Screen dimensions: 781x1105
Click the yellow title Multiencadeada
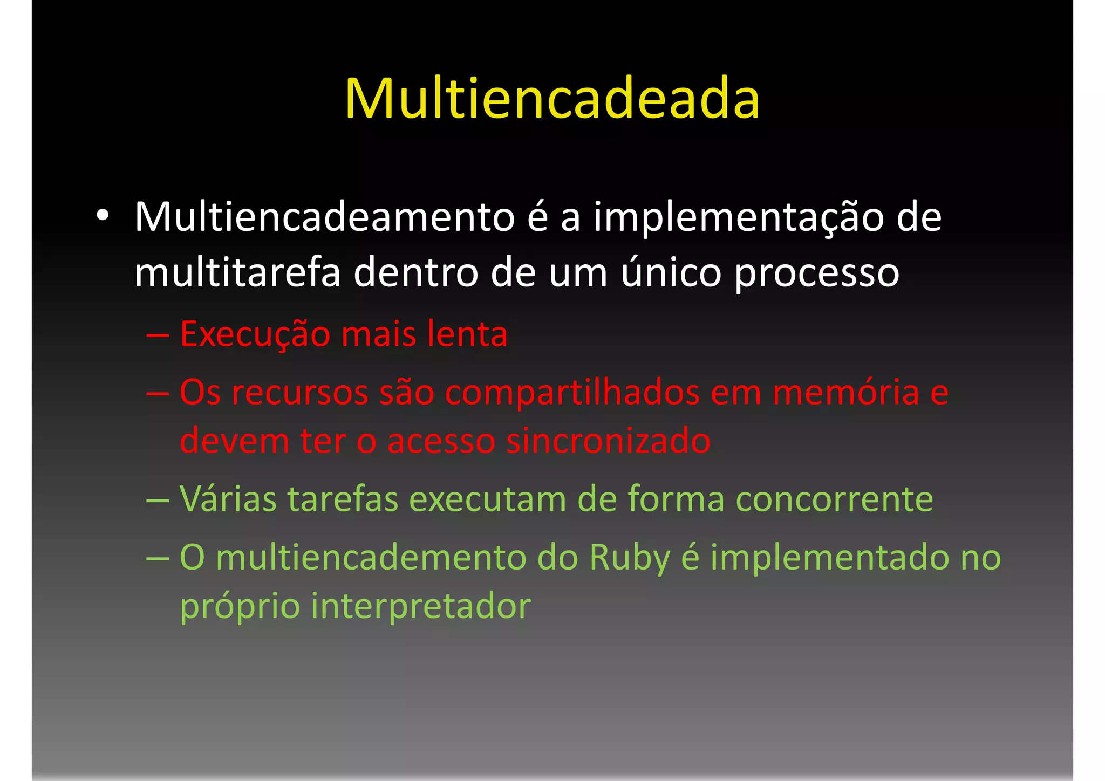tap(552, 99)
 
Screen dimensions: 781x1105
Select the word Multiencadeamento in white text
tap(325, 217)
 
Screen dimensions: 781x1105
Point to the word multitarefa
tap(237, 272)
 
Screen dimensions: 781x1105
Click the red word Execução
tap(255, 334)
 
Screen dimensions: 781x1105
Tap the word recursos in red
tap(300, 392)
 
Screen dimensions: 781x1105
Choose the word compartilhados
tap(572, 393)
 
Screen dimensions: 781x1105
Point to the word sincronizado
tap(608, 441)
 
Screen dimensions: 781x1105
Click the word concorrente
tap(834, 499)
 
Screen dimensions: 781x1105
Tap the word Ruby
tap(630, 558)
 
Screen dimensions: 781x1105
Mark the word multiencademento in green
tap(371, 557)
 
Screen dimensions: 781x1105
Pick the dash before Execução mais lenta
tap(158, 335)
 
